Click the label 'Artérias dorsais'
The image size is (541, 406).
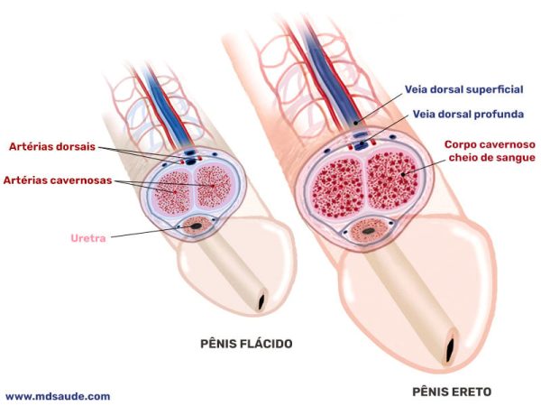click(x=52, y=147)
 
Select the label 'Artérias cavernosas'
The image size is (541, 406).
click(x=58, y=180)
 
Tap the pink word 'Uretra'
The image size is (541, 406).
click(x=88, y=238)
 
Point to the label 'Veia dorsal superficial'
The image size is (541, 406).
click(x=464, y=89)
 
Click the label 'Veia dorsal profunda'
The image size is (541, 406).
click(x=468, y=115)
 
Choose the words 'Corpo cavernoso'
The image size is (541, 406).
click(x=490, y=144)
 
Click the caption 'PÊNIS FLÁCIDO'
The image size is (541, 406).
click(x=246, y=344)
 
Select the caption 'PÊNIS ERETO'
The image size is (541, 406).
click(x=452, y=392)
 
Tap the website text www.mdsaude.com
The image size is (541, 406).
click(x=58, y=396)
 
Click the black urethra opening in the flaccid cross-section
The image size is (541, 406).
click(x=197, y=226)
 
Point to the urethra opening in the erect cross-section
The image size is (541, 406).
click(x=369, y=231)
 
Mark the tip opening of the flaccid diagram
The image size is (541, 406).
click(x=262, y=300)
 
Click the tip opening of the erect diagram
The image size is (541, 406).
click(x=451, y=351)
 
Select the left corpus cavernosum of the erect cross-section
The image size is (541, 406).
click(x=339, y=187)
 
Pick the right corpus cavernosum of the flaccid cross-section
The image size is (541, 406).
click(x=213, y=187)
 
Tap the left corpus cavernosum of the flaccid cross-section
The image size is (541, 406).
click(x=172, y=192)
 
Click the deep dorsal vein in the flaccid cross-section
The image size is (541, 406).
click(x=189, y=161)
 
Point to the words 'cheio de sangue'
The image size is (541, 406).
click(x=492, y=158)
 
